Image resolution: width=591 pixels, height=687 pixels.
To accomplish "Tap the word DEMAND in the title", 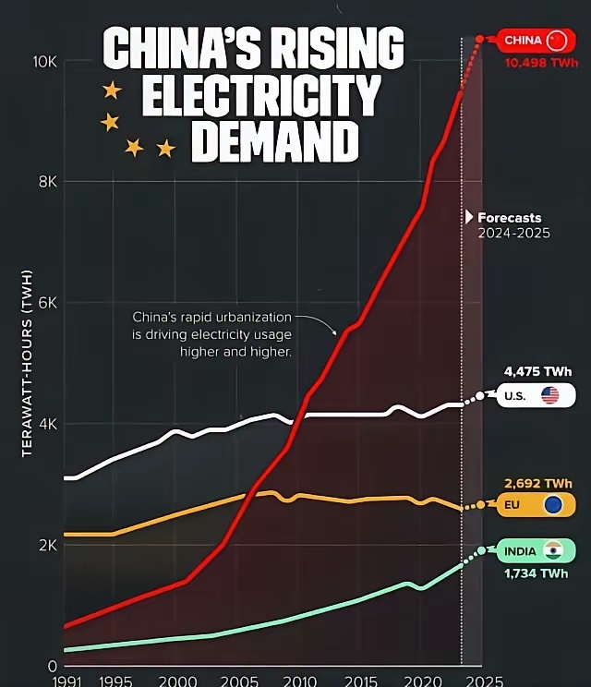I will pos(274,142).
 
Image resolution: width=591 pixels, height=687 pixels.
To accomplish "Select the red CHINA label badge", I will pos(536,41).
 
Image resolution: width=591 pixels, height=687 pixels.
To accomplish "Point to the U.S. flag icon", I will pos(550,396).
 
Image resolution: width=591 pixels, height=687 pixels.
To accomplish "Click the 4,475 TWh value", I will pos(537,372).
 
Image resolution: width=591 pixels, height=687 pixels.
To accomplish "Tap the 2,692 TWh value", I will pos(537,483).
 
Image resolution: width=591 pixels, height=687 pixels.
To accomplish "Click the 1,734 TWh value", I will pos(536,573).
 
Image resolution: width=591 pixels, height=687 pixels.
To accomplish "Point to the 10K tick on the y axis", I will pos(45,61).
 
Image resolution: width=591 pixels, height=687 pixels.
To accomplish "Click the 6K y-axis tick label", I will pos(47,303).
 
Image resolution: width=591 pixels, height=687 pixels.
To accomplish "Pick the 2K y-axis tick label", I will pos(47,545).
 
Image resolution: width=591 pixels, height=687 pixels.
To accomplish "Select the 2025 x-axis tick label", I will pos(480,681).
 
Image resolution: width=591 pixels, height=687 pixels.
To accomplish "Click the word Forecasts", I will pos(509,218).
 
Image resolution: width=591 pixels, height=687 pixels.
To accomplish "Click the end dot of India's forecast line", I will pos(481,550).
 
